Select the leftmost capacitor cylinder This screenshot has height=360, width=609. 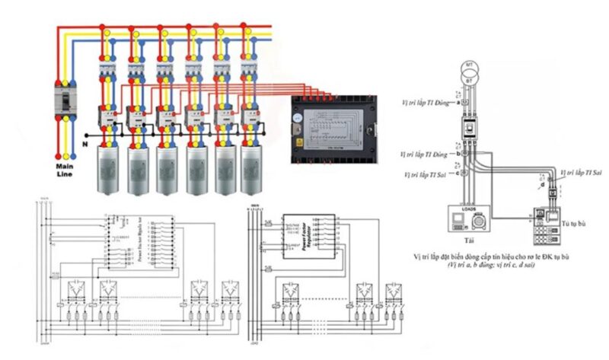[x=106, y=169]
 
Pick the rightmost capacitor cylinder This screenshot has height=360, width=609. [x=250, y=169]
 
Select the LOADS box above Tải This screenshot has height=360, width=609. [x=468, y=217]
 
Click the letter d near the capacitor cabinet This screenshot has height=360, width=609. [x=542, y=183]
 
